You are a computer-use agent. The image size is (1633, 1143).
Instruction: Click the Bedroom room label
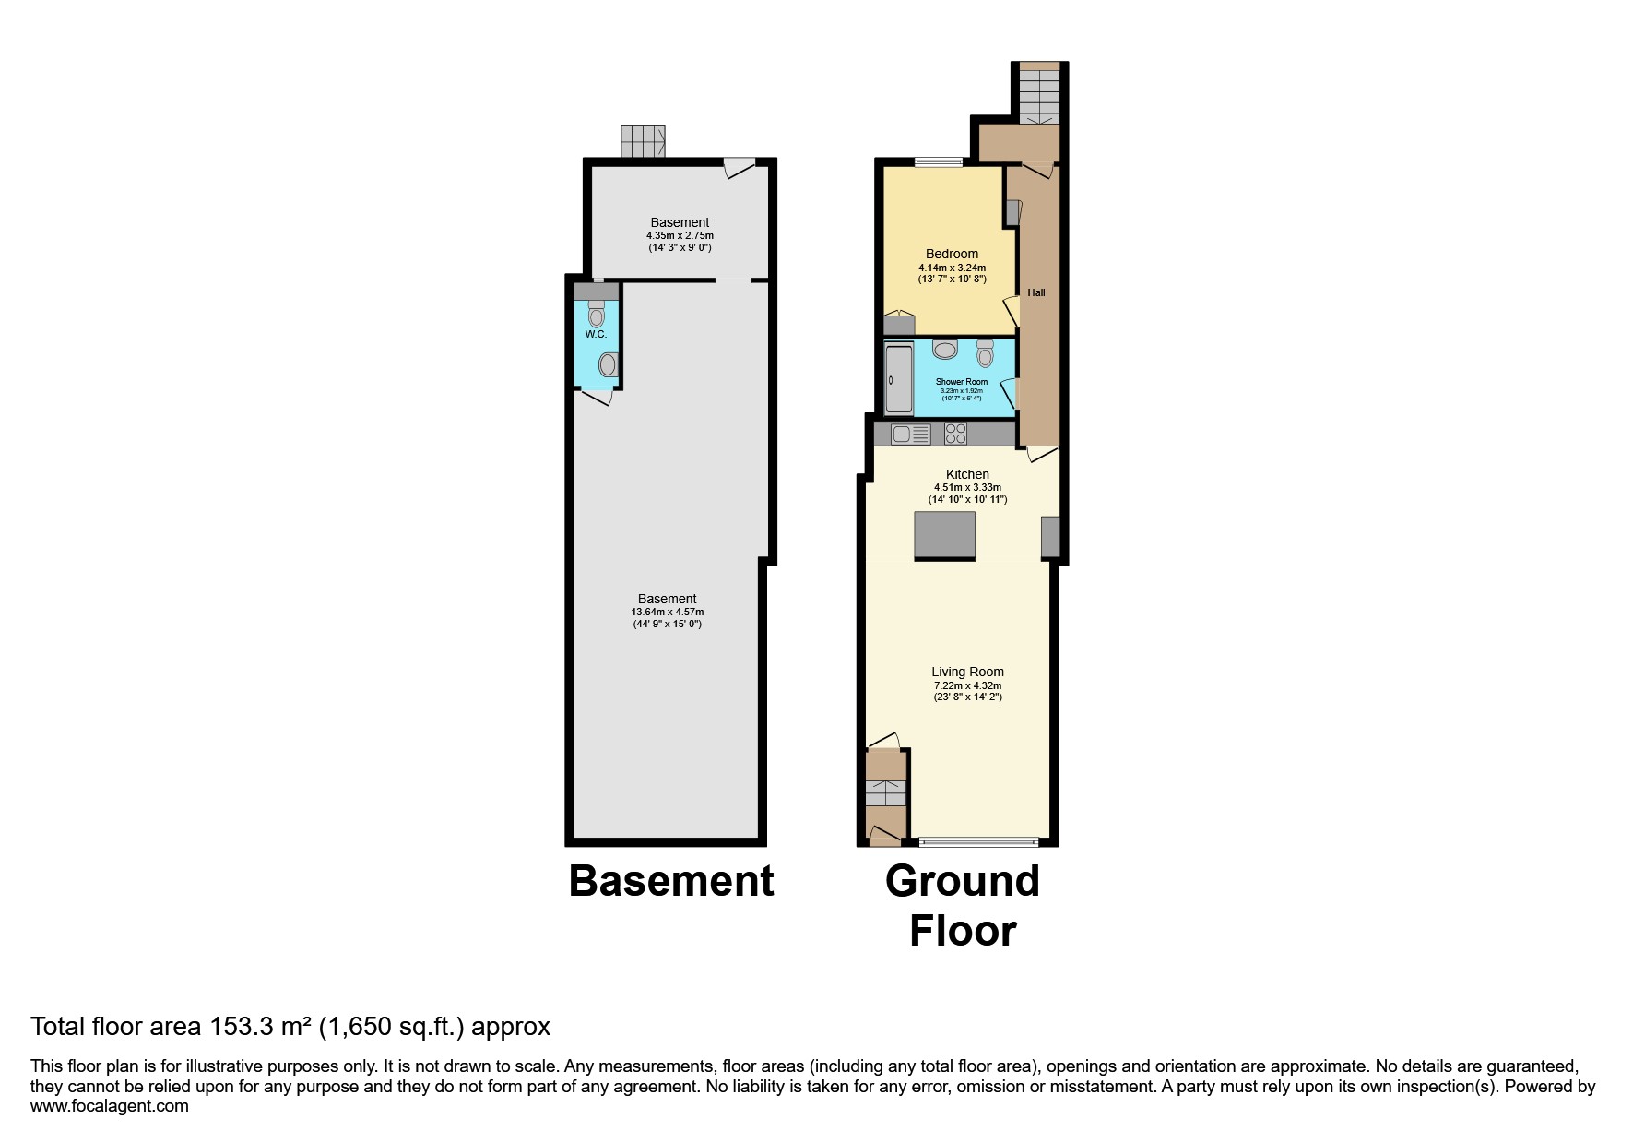point(952,254)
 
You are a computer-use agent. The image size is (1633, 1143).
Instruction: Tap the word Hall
point(1036,292)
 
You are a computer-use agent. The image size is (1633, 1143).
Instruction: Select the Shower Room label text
point(962,382)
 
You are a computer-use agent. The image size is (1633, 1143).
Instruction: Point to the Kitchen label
point(967,474)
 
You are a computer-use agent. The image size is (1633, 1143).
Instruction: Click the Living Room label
point(967,672)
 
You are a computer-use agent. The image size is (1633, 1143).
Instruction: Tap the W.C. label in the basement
point(596,334)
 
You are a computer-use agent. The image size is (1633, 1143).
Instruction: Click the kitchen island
point(945,535)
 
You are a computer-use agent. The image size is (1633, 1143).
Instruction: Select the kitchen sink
point(911,434)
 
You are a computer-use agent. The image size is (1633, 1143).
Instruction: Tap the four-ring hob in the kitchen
point(955,434)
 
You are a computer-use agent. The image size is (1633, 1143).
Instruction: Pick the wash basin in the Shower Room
point(945,350)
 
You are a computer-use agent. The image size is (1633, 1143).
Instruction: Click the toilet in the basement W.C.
point(597,314)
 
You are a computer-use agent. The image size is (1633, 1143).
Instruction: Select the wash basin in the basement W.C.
point(608,365)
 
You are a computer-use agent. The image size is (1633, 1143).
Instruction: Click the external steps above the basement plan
point(643,142)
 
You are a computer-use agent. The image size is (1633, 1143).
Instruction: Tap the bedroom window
point(939,162)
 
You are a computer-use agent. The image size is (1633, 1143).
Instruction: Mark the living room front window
point(979,841)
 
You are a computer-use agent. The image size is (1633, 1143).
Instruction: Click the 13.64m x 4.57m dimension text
point(668,612)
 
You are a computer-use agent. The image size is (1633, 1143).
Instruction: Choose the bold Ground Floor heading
point(963,906)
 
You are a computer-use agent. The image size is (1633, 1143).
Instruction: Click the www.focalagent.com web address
point(110,1106)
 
